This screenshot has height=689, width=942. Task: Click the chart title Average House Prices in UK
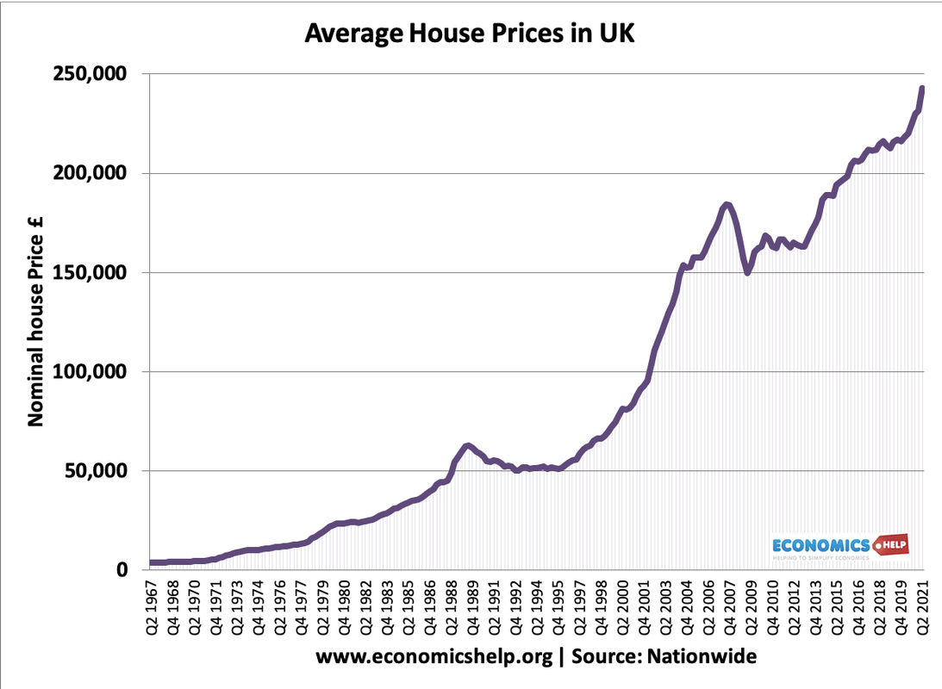(x=470, y=35)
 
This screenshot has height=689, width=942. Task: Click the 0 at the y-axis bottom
(x=123, y=570)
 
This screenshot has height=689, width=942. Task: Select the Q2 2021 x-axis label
(x=921, y=610)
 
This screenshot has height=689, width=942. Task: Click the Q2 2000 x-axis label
(x=622, y=610)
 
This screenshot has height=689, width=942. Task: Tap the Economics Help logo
(x=838, y=547)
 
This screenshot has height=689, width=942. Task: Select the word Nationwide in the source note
(x=702, y=657)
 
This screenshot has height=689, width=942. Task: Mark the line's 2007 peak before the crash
(x=727, y=204)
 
